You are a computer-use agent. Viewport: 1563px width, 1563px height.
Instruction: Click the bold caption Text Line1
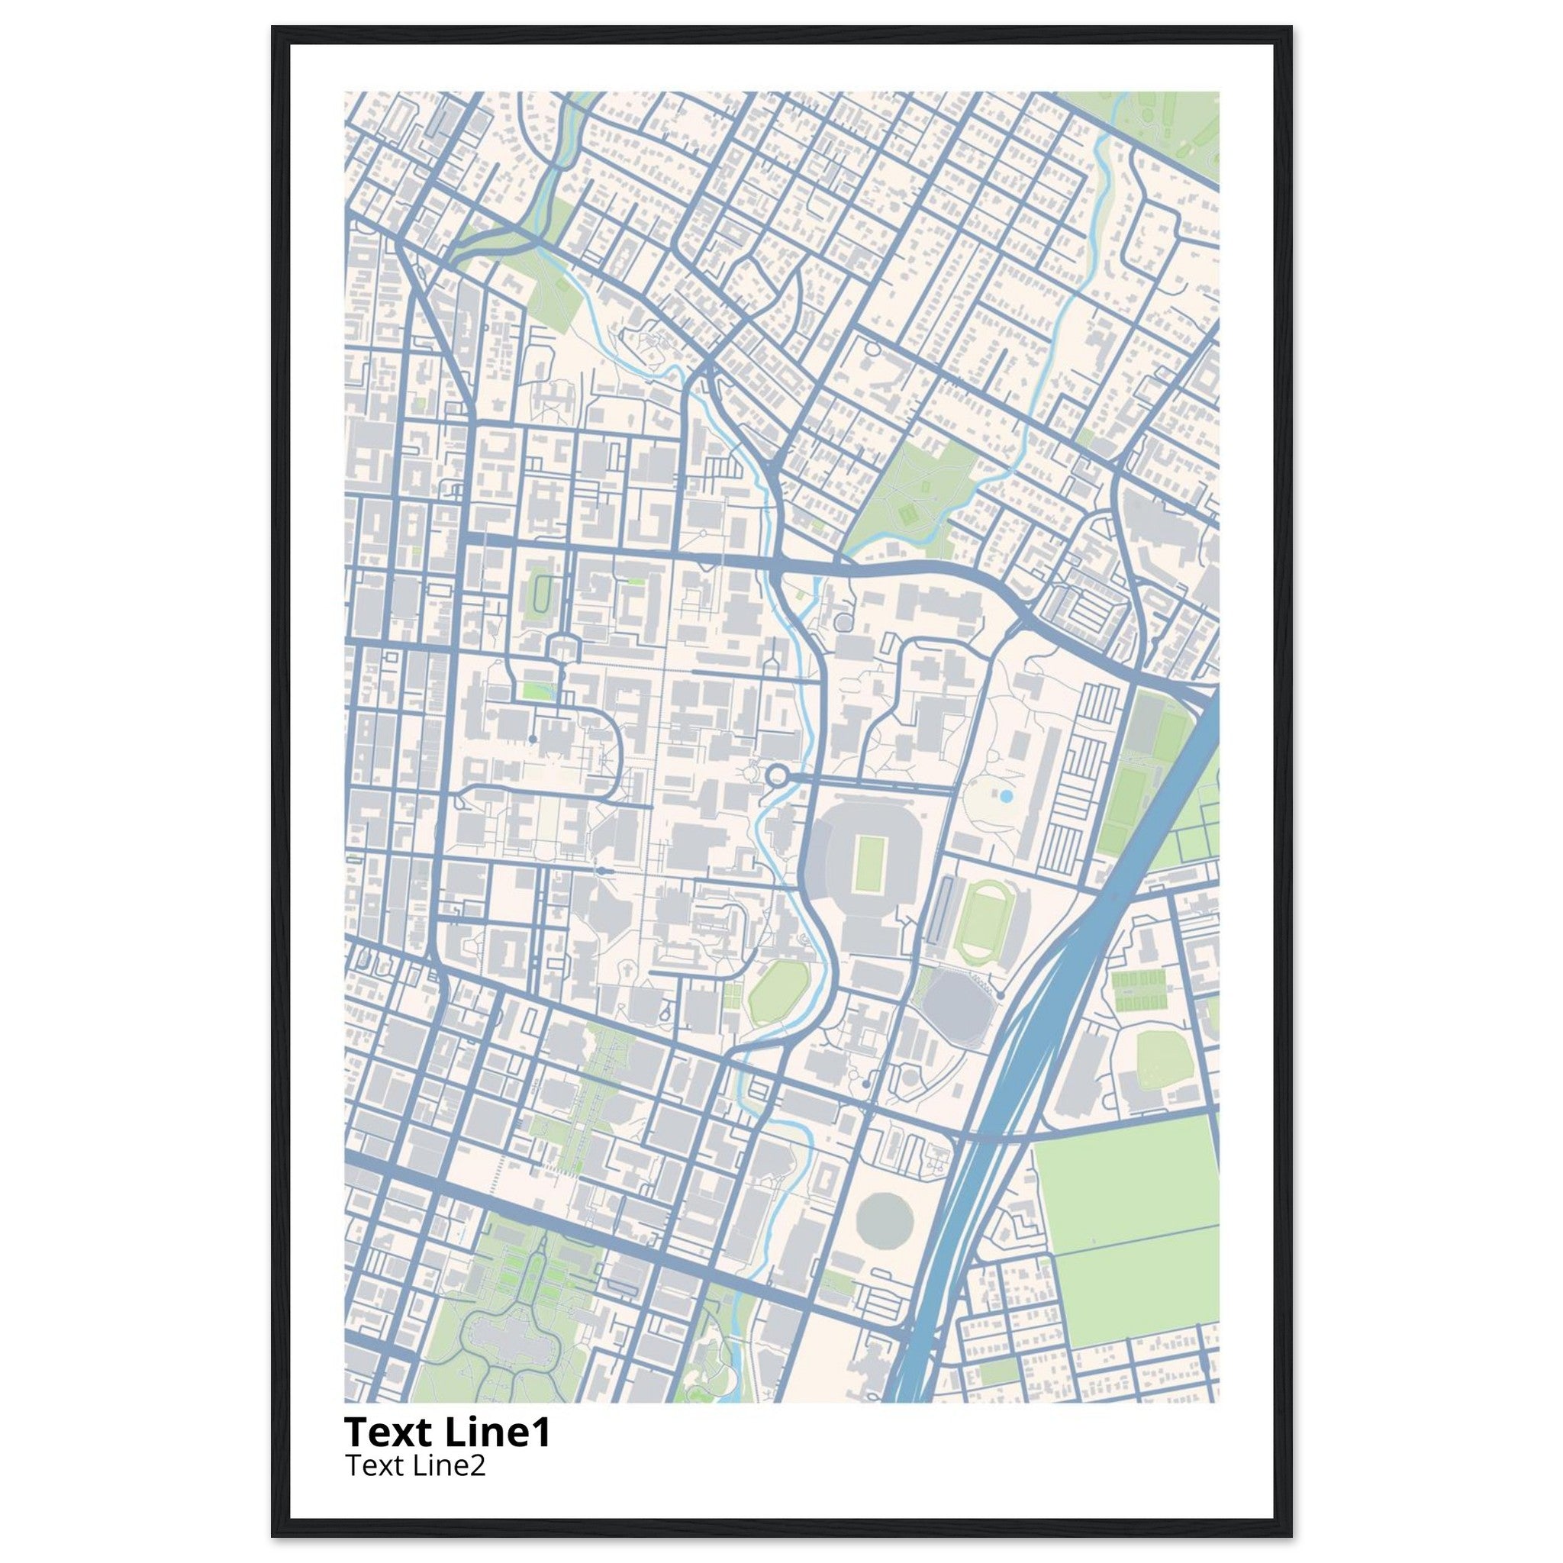pos(447,1432)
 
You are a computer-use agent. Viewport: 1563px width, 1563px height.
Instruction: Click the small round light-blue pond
pos(1007,797)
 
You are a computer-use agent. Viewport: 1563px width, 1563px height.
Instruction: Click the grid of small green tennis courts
pos(1139,991)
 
